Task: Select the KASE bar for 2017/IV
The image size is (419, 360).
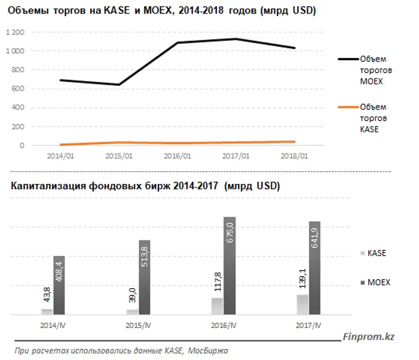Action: [x=302, y=304]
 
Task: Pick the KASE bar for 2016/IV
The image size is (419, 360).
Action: [x=217, y=306]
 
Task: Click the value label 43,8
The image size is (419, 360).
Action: [x=46, y=296]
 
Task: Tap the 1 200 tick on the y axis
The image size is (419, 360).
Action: [x=16, y=32]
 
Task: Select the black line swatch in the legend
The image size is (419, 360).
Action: [x=348, y=59]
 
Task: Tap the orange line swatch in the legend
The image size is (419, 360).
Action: [x=348, y=107]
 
